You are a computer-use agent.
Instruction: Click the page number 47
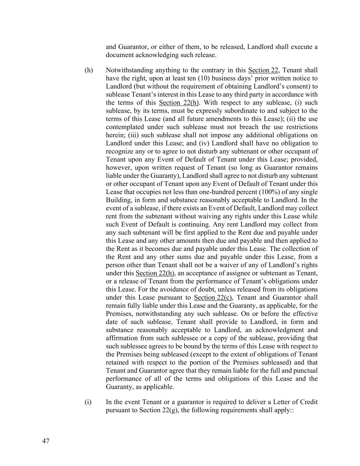[46, 441]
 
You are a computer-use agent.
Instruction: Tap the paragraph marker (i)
[88, 402]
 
